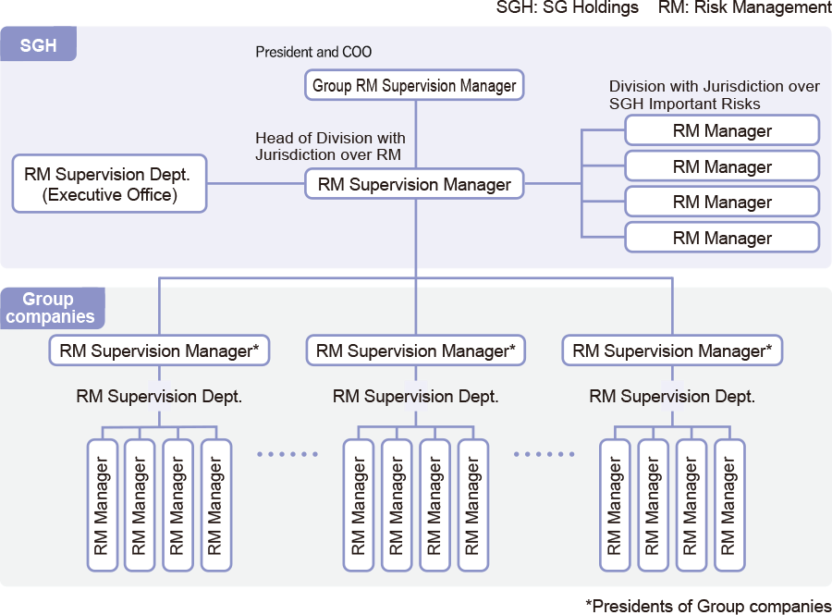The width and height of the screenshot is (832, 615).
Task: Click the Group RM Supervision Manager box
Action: (x=414, y=85)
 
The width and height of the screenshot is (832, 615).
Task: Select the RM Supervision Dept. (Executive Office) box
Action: (x=109, y=184)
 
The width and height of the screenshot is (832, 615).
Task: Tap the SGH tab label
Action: (x=38, y=44)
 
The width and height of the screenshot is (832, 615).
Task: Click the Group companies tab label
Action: (x=51, y=308)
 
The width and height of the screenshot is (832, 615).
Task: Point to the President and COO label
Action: (x=313, y=52)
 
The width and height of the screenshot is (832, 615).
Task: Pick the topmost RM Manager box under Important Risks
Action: (x=722, y=130)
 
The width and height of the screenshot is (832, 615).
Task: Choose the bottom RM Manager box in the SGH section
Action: (x=722, y=238)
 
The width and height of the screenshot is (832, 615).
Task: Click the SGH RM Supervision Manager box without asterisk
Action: (x=414, y=184)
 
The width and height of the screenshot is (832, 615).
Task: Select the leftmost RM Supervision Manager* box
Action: (x=159, y=351)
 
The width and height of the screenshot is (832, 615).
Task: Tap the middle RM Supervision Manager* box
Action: (x=415, y=351)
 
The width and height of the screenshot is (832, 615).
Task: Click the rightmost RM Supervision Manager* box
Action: (x=672, y=351)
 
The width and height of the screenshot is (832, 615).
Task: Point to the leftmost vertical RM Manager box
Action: (x=102, y=505)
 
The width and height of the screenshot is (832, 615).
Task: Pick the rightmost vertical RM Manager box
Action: (x=729, y=505)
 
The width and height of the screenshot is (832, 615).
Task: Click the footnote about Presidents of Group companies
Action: (x=708, y=606)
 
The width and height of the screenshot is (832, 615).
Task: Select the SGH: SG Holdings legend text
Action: (x=568, y=7)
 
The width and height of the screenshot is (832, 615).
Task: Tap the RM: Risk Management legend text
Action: (x=745, y=7)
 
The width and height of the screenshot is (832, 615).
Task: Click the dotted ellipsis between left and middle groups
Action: (x=288, y=454)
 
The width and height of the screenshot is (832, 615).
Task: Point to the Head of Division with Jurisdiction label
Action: (x=330, y=146)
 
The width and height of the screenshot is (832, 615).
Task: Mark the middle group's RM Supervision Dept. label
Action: (x=415, y=397)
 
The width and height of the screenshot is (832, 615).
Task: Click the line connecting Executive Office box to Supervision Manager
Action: (x=256, y=184)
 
